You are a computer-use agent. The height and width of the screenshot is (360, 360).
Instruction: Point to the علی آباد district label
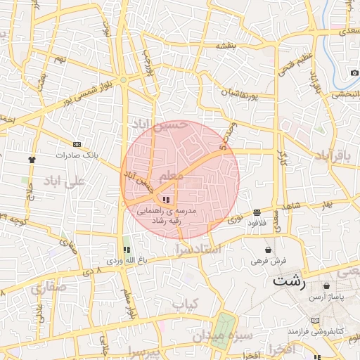[x=64, y=181]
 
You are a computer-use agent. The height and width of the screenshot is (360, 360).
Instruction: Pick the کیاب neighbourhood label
[x=188, y=304]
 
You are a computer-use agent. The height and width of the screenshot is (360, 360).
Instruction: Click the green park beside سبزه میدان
[x=224, y=327]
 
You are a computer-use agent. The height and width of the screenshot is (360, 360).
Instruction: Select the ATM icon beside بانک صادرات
[x=77, y=144]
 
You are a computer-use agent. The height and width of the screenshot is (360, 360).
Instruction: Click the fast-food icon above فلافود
[x=257, y=212]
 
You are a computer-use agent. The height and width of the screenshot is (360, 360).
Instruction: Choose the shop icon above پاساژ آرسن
[x=327, y=286]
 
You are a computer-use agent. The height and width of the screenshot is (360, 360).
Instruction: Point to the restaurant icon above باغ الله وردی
[x=127, y=250]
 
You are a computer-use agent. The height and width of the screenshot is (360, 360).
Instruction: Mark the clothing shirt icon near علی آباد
[x=32, y=159]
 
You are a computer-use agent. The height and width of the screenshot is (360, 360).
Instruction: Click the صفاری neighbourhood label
[x=48, y=288]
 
